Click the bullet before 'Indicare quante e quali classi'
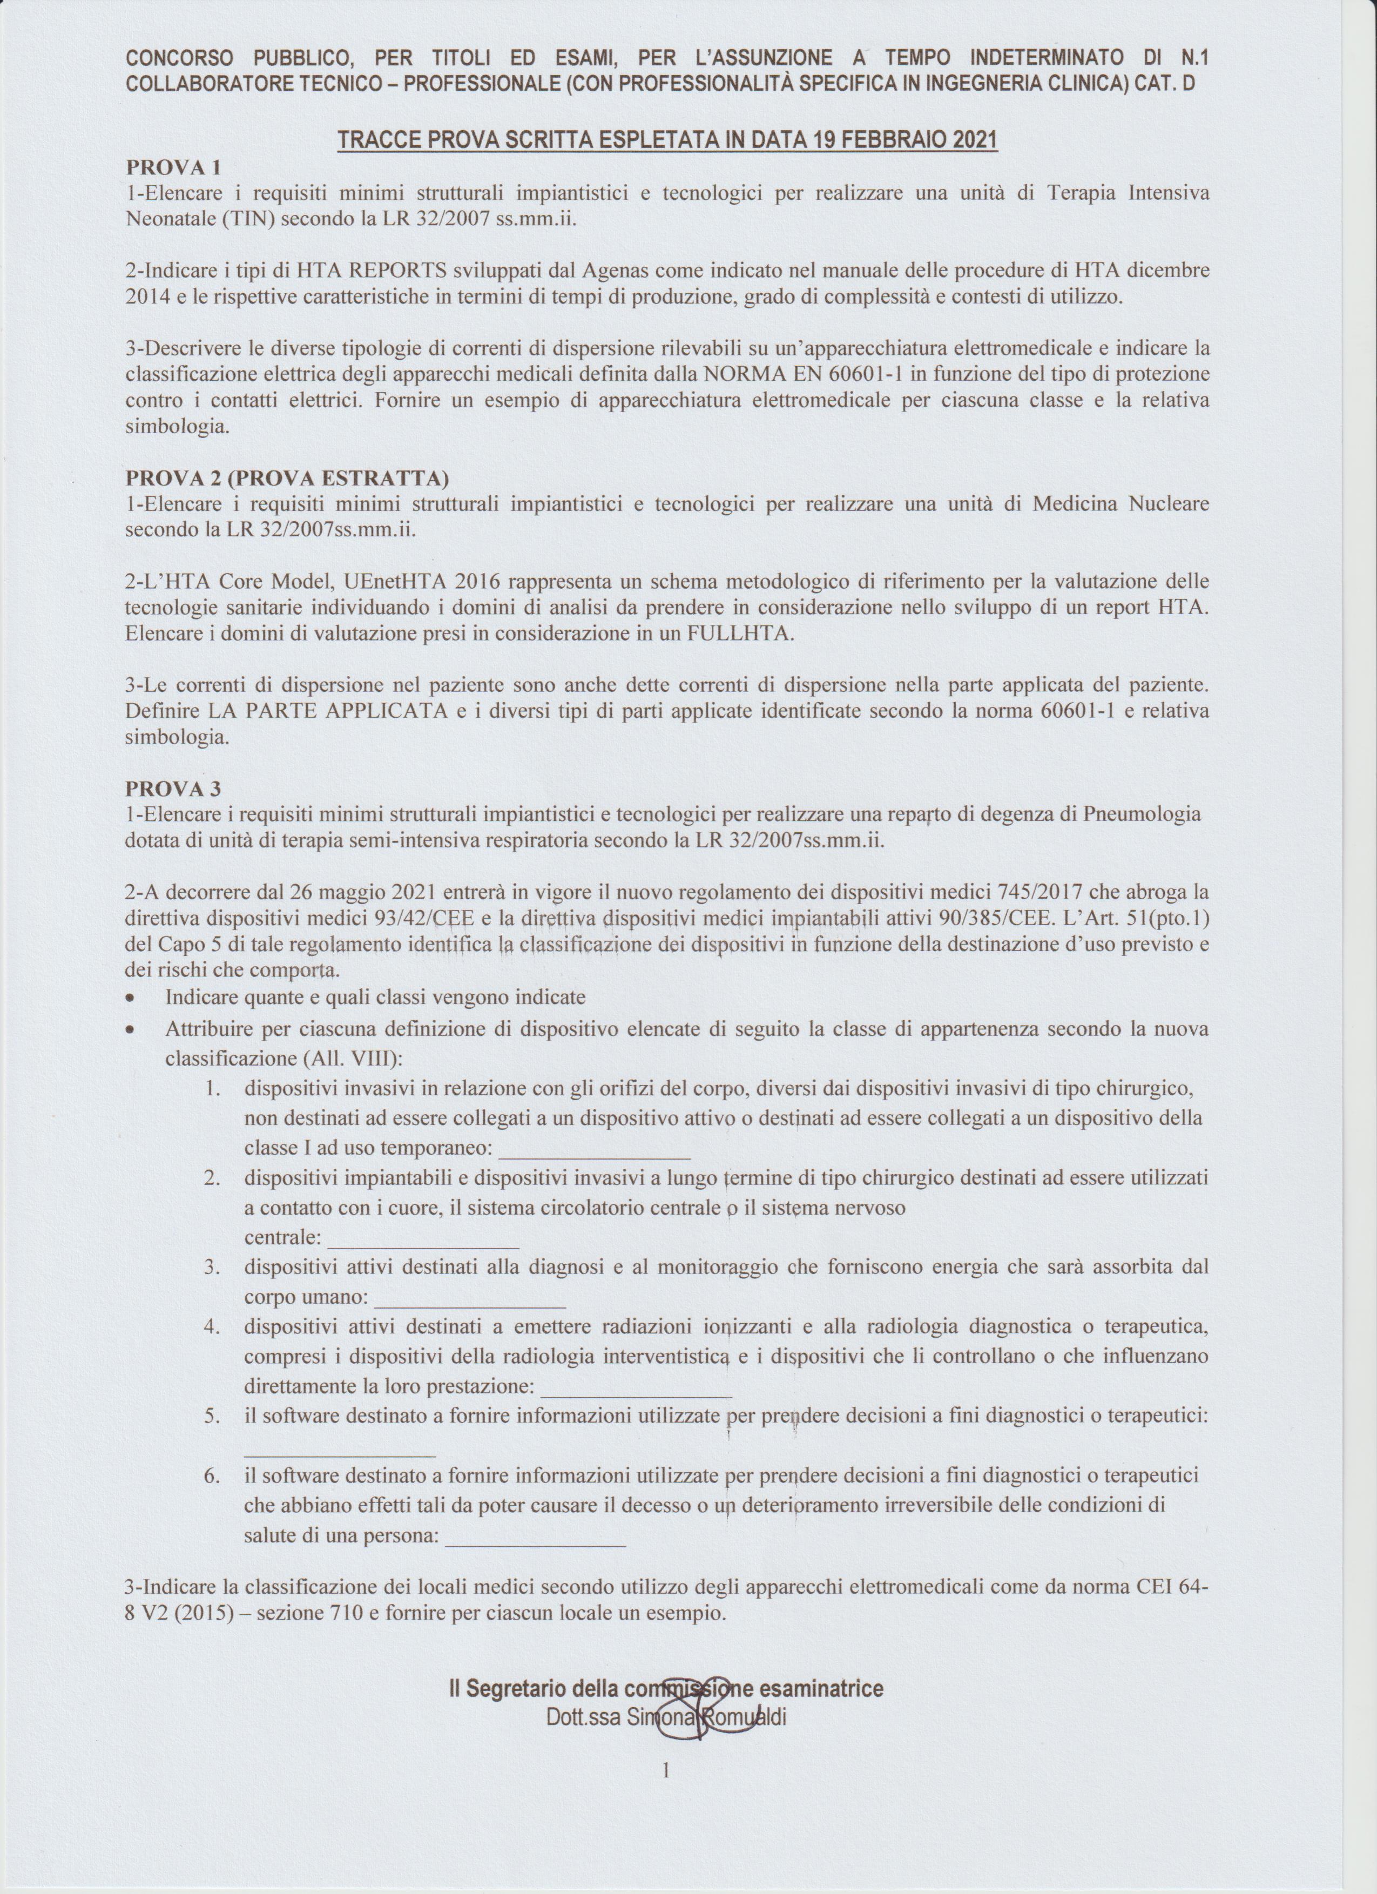[x=132, y=999]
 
